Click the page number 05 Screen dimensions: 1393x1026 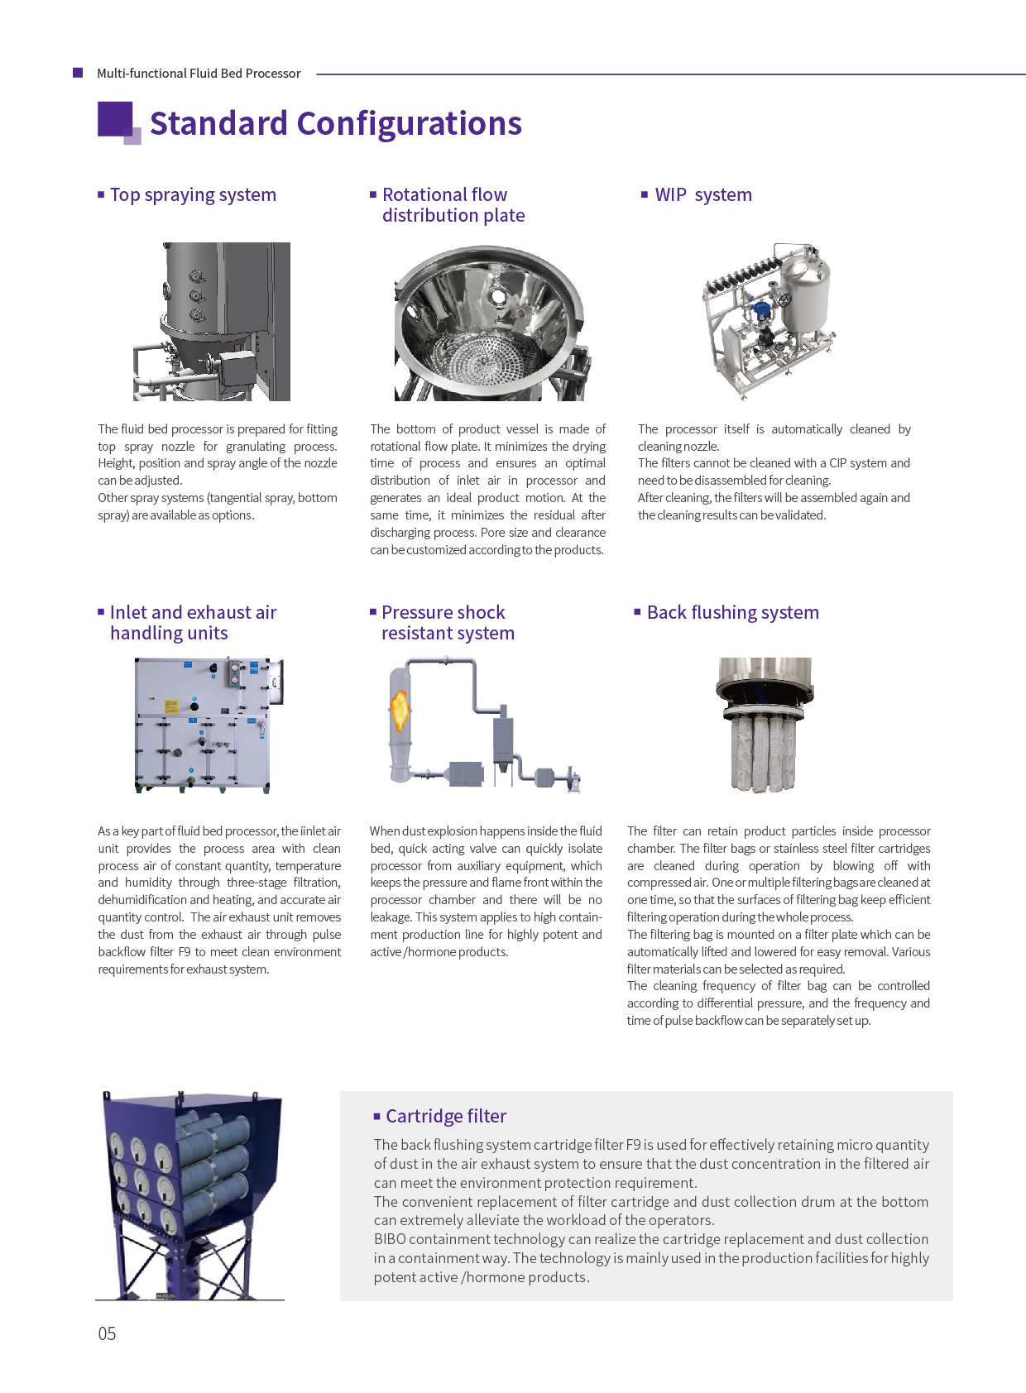point(107,1333)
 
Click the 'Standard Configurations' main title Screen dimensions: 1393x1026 point(335,124)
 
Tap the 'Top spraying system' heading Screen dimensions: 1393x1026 point(193,195)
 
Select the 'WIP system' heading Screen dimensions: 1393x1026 point(703,195)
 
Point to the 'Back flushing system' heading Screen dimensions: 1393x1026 point(732,613)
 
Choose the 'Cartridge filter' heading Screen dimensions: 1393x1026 point(446,1117)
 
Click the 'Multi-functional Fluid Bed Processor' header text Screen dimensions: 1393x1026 point(199,74)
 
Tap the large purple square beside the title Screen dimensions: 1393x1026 point(115,118)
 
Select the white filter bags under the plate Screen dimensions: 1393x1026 point(763,753)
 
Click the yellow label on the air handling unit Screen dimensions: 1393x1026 point(171,706)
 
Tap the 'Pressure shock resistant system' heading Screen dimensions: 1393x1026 point(447,623)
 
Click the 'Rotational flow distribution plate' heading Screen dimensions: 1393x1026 point(453,205)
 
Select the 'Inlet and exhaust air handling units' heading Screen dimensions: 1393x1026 point(193,623)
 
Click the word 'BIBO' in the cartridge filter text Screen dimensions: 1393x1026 point(390,1239)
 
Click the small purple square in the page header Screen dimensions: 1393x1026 point(78,73)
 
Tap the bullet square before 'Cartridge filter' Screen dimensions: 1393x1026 point(377,1117)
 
